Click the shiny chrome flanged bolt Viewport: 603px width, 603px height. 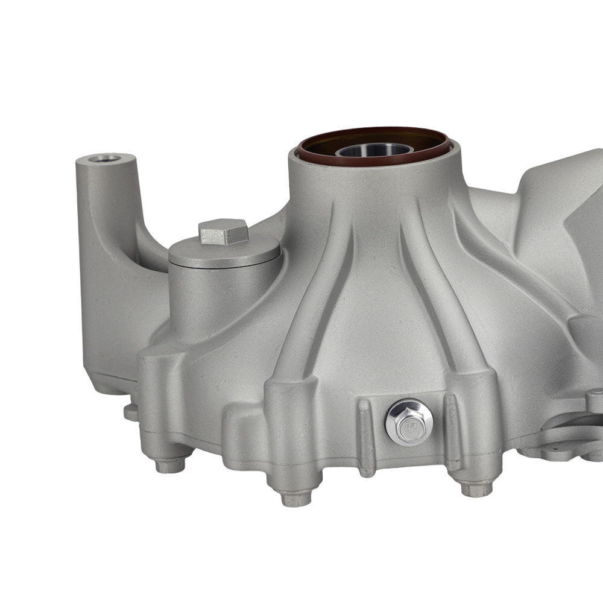tap(409, 422)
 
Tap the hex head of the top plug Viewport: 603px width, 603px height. tap(223, 232)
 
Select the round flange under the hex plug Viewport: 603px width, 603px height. tap(224, 253)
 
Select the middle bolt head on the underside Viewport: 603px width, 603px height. tap(297, 497)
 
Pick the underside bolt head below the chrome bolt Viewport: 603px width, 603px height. tap(476, 488)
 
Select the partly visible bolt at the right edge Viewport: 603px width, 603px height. tap(594, 401)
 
